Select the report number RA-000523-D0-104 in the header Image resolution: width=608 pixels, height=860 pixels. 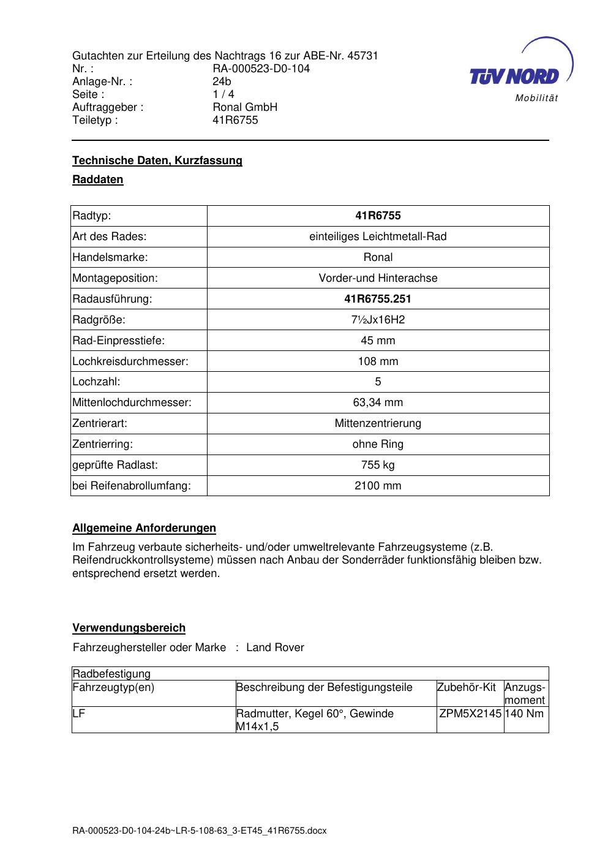click(261, 69)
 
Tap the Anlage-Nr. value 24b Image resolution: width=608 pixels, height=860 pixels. click(222, 81)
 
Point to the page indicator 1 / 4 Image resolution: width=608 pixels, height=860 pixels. click(223, 94)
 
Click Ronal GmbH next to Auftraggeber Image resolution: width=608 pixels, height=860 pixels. click(245, 107)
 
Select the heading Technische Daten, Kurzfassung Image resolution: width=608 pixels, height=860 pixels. click(157, 160)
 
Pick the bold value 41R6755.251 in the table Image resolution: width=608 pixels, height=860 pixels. click(378, 299)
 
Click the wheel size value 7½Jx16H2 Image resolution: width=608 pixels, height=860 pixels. click(378, 320)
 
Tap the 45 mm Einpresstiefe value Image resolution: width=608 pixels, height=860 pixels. click(378, 341)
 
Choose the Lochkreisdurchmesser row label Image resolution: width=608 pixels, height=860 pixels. click(130, 361)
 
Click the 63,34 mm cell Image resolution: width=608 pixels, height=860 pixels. click(378, 403)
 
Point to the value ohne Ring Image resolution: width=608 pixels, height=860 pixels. click(378, 444)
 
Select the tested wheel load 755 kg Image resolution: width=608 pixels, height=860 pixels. click(378, 465)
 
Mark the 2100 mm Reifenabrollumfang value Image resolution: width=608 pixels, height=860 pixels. click(378, 486)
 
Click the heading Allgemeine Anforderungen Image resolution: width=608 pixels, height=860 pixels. click(144, 528)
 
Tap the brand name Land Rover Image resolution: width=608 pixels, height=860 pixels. click(275, 647)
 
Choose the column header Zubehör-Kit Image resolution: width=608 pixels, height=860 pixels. click(467, 687)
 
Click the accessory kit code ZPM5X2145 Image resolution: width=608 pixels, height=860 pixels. click(470, 714)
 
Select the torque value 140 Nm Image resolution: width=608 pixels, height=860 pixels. click(525, 714)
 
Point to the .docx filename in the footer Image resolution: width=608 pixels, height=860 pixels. click(200, 831)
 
